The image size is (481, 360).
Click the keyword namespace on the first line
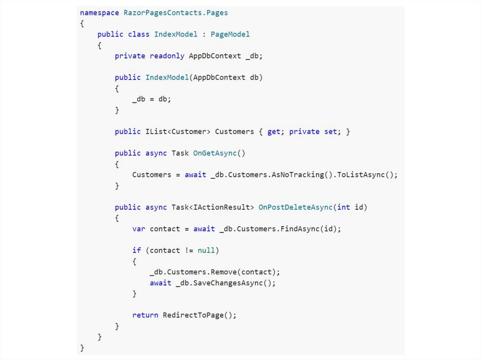click(100, 13)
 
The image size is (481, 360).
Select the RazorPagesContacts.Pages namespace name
click(176, 13)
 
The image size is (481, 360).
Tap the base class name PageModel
click(230, 34)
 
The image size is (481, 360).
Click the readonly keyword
click(167, 56)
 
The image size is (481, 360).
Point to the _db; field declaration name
click(254, 56)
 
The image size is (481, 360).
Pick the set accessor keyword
click(331, 132)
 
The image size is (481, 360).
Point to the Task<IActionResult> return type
click(223, 207)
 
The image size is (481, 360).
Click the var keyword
click(139, 229)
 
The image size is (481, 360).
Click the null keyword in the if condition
click(206, 251)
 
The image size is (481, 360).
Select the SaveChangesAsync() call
click(234, 283)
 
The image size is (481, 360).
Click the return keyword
click(145, 315)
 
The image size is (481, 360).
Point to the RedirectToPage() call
click(200, 315)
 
